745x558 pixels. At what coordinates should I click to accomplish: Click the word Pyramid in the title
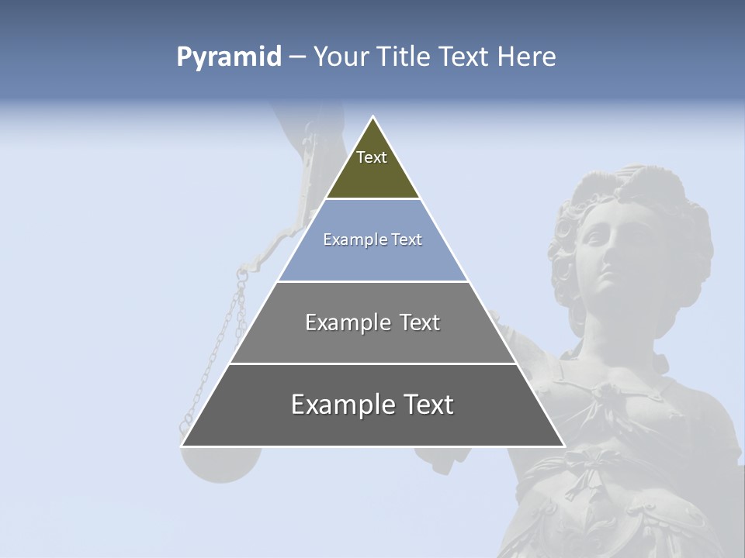(228, 57)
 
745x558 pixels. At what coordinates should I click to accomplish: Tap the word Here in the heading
(526, 57)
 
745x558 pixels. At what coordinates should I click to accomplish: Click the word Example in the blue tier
(348, 239)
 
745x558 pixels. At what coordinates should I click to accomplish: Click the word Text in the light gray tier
(420, 322)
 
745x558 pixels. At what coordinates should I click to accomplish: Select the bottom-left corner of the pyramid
(182, 446)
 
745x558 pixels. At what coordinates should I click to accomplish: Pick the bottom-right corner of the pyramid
(564, 446)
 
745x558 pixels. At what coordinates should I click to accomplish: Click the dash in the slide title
(297, 57)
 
